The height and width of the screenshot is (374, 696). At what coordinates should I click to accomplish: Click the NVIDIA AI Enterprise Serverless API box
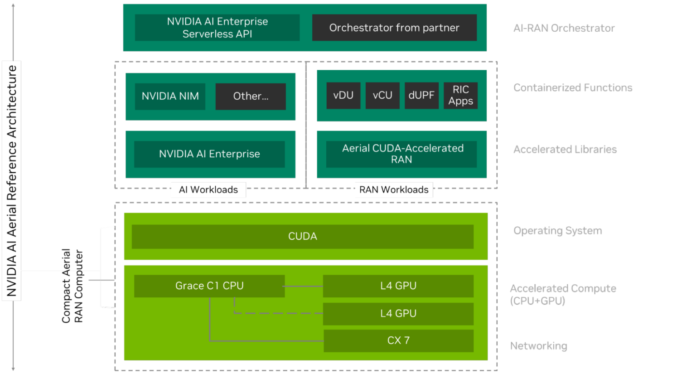tap(217, 28)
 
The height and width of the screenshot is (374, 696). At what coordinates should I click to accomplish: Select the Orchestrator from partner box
tap(394, 28)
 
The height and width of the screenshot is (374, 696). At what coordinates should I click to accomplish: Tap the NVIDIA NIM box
tap(170, 96)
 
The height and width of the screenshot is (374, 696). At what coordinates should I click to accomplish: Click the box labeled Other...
tap(251, 96)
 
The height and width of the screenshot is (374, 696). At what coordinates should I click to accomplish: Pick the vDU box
tap(343, 95)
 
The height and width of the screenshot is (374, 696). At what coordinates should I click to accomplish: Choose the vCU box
tap(382, 95)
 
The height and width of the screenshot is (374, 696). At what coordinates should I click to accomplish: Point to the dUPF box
tap(421, 95)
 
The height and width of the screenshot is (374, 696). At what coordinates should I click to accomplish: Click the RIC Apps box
tap(460, 95)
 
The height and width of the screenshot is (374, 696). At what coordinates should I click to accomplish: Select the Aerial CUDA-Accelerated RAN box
tap(401, 154)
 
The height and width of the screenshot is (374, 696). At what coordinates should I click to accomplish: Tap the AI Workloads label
tap(208, 189)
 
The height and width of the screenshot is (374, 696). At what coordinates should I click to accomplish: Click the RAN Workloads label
tap(394, 189)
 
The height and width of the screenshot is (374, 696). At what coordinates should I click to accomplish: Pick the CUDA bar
tap(303, 237)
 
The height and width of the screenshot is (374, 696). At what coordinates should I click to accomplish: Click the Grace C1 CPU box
tap(209, 286)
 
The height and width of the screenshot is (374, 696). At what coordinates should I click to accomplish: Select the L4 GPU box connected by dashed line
tap(398, 314)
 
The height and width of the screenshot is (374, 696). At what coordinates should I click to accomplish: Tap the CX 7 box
tap(398, 340)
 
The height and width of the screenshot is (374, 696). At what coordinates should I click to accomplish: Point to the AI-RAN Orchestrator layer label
tap(564, 28)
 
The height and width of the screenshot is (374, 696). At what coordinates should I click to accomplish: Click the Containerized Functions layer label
tap(573, 87)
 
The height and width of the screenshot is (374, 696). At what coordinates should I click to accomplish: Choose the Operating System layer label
tap(557, 231)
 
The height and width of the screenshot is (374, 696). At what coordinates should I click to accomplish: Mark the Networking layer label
tap(538, 346)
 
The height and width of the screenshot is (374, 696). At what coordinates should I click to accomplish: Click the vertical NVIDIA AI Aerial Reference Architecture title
tap(11, 180)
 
